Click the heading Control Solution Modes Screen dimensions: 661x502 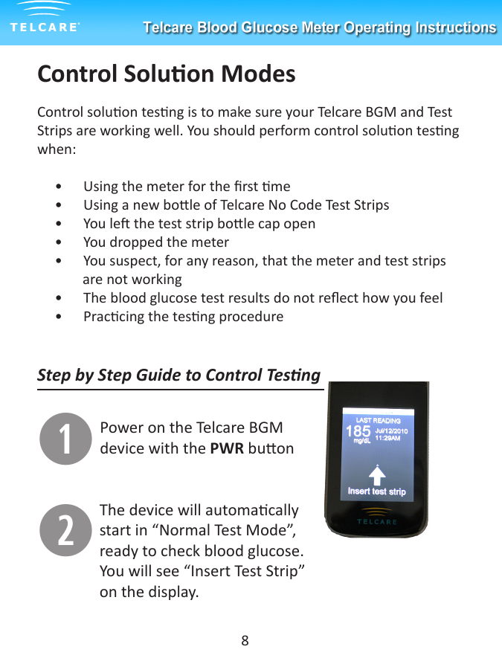(166, 74)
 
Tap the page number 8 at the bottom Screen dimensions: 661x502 (245, 640)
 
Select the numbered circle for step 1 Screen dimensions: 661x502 (65, 439)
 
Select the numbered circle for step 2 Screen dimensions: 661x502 (65, 530)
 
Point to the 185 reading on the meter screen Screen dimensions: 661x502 (358, 431)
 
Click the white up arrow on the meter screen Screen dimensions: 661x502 (378, 474)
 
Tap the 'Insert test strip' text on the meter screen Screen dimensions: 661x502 (377, 491)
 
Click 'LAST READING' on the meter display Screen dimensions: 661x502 (379, 420)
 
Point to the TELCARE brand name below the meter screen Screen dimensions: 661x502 (377, 521)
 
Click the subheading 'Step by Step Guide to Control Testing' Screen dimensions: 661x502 (178, 375)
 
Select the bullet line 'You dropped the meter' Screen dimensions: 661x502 (156, 242)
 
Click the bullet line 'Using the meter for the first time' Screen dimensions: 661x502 (187, 187)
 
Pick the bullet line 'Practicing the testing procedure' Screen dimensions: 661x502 (183, 317)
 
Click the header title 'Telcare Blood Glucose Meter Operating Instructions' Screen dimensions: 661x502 (319, 28)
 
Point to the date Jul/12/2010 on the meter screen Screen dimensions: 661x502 (391, 431)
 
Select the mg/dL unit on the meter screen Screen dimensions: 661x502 (362, 440)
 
